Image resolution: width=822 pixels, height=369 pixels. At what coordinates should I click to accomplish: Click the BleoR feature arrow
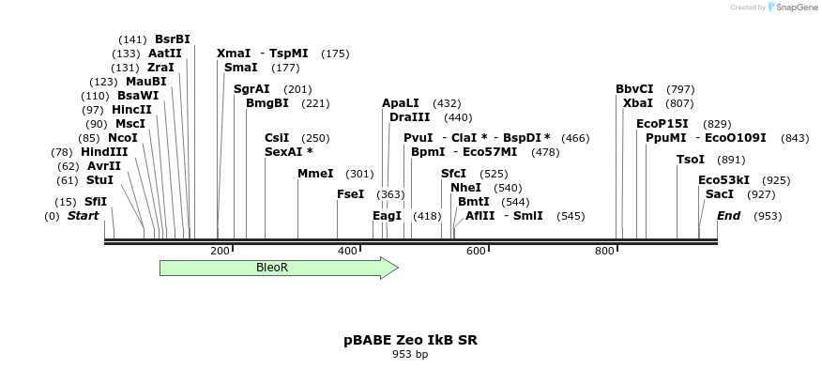coord(278,268)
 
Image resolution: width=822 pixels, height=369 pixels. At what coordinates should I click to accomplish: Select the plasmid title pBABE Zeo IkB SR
coord(410,340)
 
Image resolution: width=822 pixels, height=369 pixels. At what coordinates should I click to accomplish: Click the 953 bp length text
coord(410,355)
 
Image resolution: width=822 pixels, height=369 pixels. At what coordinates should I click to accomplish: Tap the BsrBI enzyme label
coord(172,39)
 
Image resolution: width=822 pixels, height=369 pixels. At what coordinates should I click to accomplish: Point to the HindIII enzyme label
coord(103,152)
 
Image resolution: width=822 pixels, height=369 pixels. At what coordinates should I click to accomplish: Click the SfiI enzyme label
coord(96,202)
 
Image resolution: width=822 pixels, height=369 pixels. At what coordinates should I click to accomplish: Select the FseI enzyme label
coord(350,194)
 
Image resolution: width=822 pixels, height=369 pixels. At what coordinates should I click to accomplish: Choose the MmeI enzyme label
coord(315,174)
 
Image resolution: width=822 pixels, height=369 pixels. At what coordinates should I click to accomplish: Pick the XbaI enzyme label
coord(637,103)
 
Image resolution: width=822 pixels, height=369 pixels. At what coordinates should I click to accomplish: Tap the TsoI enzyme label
coord(690,160)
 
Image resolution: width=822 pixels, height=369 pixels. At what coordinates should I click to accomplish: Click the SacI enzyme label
coord(719,194)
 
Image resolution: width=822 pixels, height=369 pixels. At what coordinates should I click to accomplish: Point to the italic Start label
coord(83,217)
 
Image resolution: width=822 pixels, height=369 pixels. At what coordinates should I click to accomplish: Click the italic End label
coord(728,217)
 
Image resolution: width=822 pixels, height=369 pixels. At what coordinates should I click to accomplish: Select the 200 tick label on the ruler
coord(220,251)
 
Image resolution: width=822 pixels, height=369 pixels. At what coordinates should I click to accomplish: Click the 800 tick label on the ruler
coord(604,251)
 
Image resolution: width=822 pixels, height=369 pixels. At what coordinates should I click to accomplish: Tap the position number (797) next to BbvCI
coord(680,89)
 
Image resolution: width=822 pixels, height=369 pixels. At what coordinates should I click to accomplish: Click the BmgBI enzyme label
coord(266,103)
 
